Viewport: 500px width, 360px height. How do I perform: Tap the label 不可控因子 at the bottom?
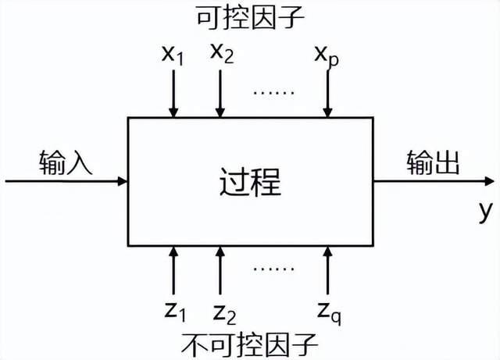250,344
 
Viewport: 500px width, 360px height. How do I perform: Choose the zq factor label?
327,312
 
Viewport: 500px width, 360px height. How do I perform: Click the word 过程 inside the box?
249,182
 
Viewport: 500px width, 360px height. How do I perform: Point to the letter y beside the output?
484,209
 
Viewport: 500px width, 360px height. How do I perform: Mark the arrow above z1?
173,270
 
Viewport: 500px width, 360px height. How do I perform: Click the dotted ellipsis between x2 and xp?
273,91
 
